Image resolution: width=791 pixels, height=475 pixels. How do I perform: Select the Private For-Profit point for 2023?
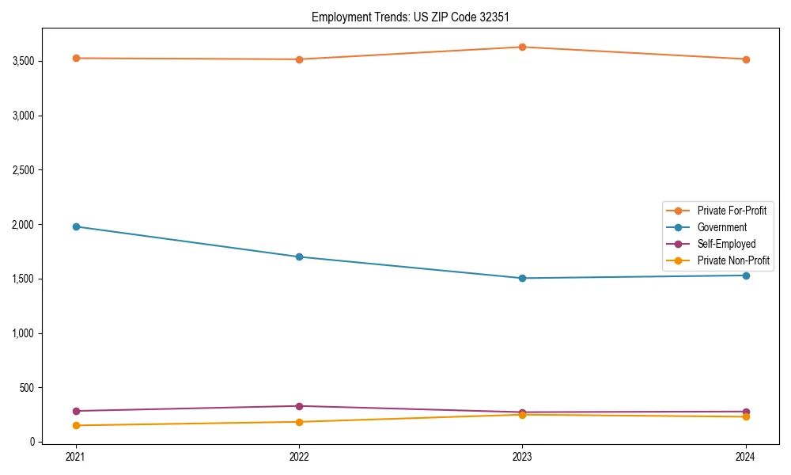[522, 47]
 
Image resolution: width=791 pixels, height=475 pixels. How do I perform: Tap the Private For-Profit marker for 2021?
[76, 58]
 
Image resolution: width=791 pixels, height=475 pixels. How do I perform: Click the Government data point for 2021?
[76, 226]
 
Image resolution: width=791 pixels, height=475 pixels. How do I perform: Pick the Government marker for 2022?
[299, 256]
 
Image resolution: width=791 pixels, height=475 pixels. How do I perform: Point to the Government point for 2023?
[522, 278]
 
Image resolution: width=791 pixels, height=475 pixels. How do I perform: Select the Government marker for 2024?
[746, 275]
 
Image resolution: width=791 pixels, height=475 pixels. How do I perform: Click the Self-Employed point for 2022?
[299, 406]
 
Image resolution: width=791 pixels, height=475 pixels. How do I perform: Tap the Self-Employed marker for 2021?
[76, 411]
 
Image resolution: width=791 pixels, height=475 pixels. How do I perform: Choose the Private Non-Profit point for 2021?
[76, 425]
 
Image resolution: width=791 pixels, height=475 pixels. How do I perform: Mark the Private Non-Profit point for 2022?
[299, 422]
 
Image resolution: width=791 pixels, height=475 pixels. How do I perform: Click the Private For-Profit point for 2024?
[746, 59]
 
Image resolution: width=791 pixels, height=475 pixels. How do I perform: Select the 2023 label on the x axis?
[522, 457]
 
